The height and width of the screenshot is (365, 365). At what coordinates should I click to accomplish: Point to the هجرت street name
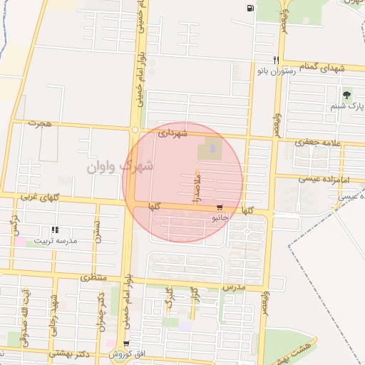[x=41, y=123]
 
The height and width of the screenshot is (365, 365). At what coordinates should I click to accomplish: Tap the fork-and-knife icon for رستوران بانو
[x=275, y=61]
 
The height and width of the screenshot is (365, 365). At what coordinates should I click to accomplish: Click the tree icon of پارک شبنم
[x=347, y=94]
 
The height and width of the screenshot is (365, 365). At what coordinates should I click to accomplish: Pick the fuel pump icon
[x=248, y=9]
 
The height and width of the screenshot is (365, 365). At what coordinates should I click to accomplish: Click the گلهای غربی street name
[x=38, y=195]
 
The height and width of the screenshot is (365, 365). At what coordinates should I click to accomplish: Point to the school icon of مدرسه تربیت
[x=54, y=230]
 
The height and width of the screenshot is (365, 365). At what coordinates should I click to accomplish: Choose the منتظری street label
[x=94, y=276]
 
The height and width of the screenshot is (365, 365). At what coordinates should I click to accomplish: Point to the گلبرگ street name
[x=169, y=298]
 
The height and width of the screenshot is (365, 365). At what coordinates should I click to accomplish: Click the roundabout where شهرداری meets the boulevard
[x=134, y=130]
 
